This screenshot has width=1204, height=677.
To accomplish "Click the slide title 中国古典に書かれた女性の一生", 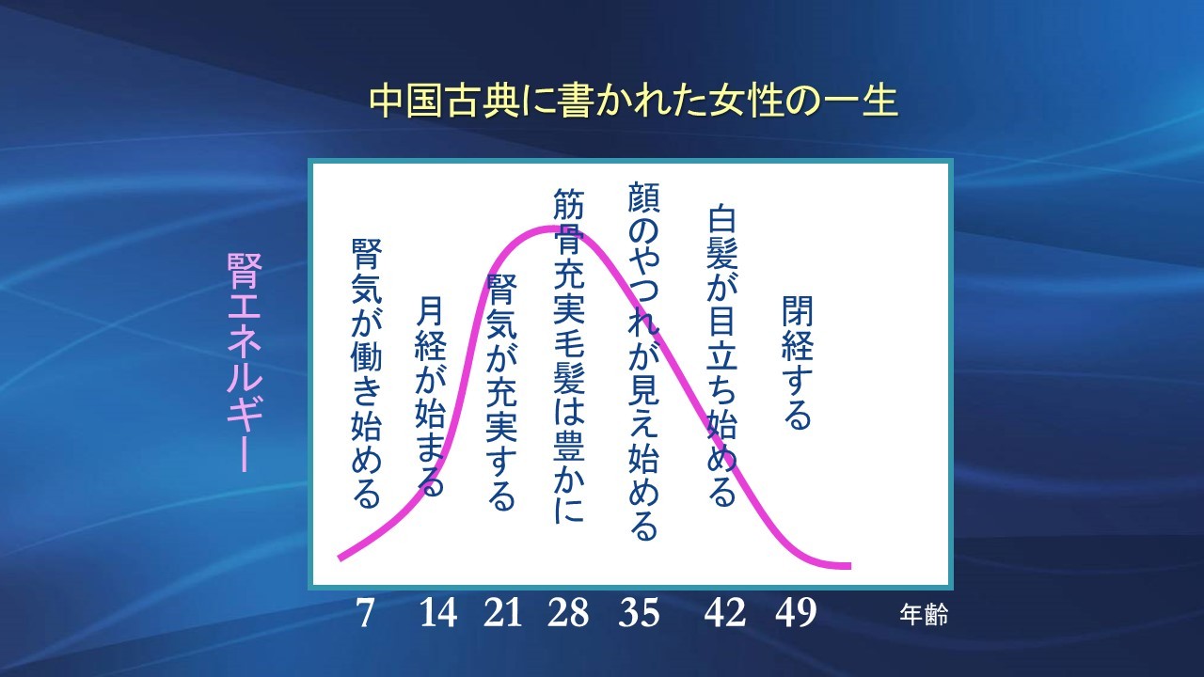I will (x=633, y=102).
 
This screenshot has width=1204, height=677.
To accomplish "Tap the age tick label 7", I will (x=366, y=614).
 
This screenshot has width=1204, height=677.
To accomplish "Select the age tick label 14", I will (x=438, y=614).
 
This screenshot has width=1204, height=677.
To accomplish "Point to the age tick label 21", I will (x=502, y=614).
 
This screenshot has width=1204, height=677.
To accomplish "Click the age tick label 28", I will (x=568, y=614).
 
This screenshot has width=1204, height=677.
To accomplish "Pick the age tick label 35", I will (x=640, y=614).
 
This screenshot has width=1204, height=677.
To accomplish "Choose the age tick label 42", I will (x=724, y=614).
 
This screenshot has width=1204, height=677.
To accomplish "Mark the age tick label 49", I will (x=796, y=614).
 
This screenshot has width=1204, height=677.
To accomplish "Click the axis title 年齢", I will (x=923, y=616).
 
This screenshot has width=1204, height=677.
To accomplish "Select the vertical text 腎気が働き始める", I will (x=366, y=372).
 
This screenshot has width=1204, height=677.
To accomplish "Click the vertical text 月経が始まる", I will (x=429, y=396).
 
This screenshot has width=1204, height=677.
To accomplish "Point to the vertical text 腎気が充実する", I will (x=500, y=390).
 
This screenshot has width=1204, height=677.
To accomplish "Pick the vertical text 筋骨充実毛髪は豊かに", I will (x=569, y=354).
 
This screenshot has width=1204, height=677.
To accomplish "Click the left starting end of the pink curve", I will (x=340, y=558).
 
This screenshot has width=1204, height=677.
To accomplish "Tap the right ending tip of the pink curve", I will (x=848, y=566).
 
